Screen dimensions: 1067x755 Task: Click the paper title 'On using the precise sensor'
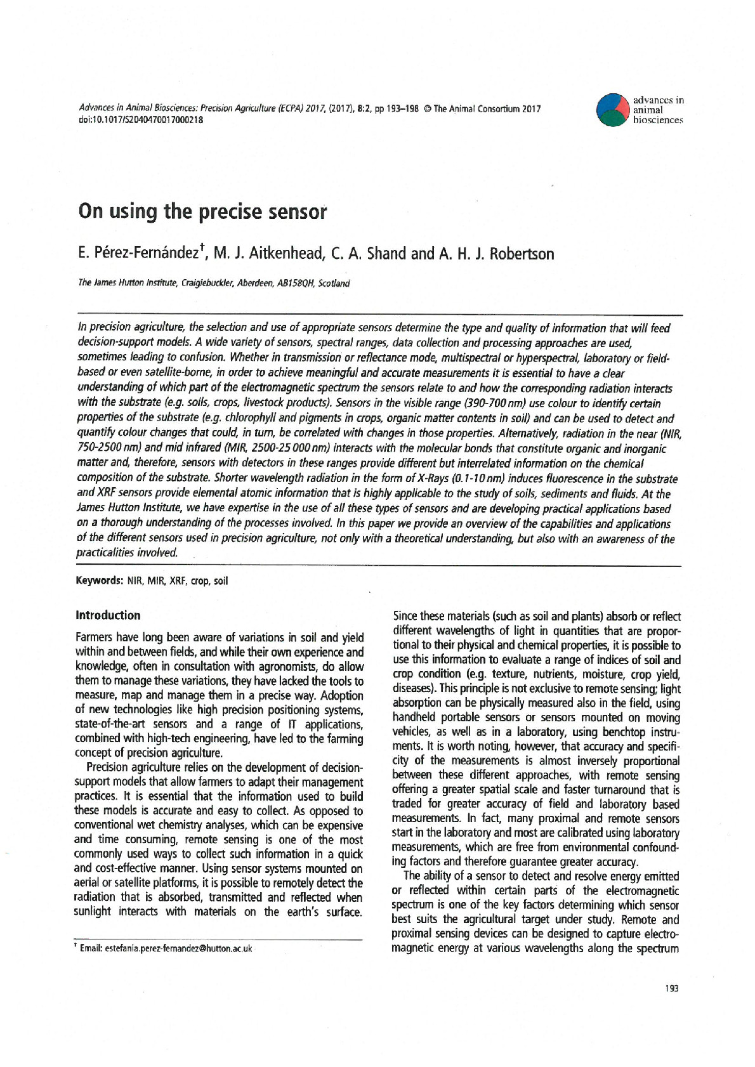pos(202,211)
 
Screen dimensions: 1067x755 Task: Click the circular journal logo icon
pos(613,110)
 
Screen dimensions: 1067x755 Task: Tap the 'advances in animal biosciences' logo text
pos(657,110)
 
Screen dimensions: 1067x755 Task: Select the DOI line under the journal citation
pos(140,120)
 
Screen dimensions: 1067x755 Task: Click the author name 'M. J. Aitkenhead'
pos(267,254)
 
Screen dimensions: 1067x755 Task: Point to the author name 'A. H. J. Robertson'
pos(496,254)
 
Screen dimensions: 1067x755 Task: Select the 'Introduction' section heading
pos(108,615)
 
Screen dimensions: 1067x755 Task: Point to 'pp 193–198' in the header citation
pos(397,108)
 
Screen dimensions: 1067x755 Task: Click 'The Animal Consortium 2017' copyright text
pos(487,108)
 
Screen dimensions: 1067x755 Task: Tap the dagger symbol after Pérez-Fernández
pos(201,249)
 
